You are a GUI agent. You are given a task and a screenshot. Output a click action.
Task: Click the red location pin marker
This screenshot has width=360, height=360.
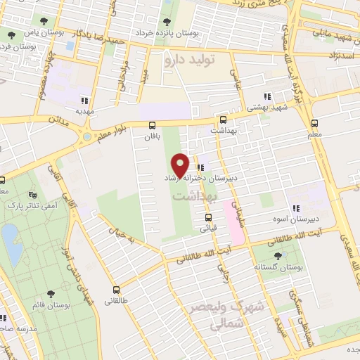[181, 165]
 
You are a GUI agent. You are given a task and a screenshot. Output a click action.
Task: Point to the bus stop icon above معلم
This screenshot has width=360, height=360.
[312, 121]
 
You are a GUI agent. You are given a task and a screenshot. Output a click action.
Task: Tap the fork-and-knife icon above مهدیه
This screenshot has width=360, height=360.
[85, 99]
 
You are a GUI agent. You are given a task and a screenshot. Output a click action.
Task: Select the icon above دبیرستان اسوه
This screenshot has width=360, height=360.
[295, 207]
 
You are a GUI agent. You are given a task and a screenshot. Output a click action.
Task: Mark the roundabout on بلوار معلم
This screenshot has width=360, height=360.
[87, 136]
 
